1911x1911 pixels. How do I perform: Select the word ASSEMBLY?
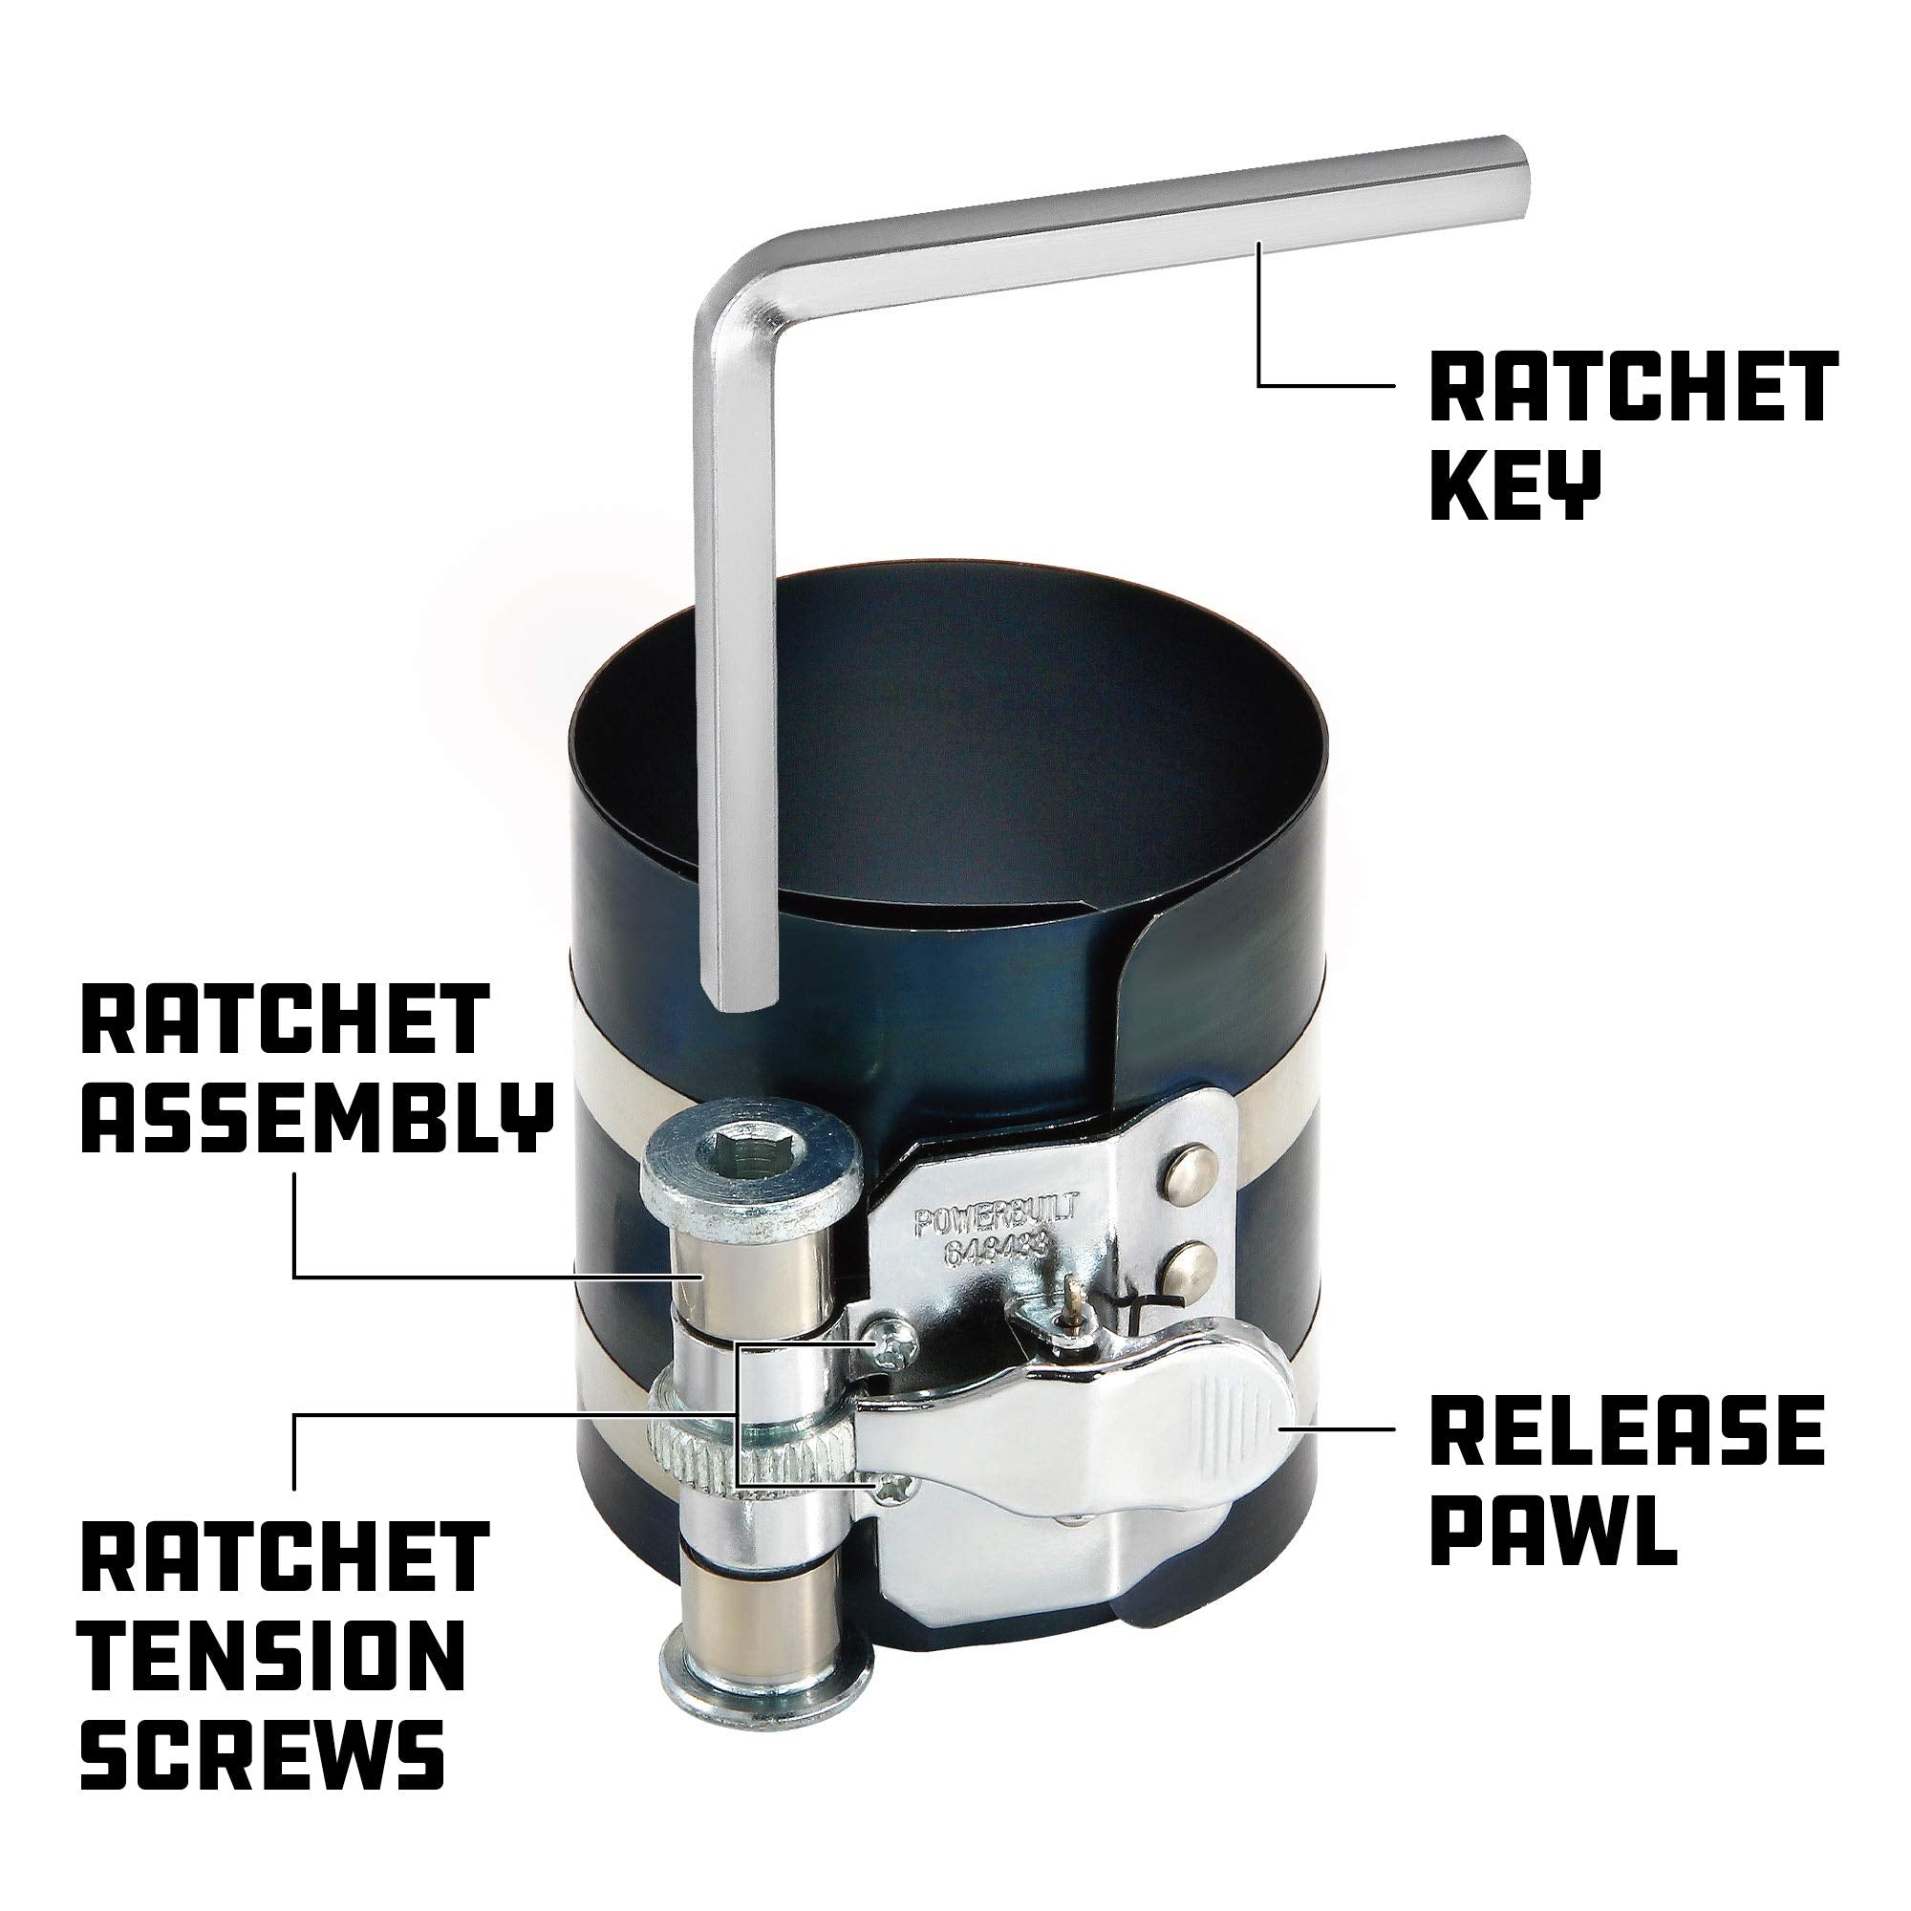(x=314, y=1117)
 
